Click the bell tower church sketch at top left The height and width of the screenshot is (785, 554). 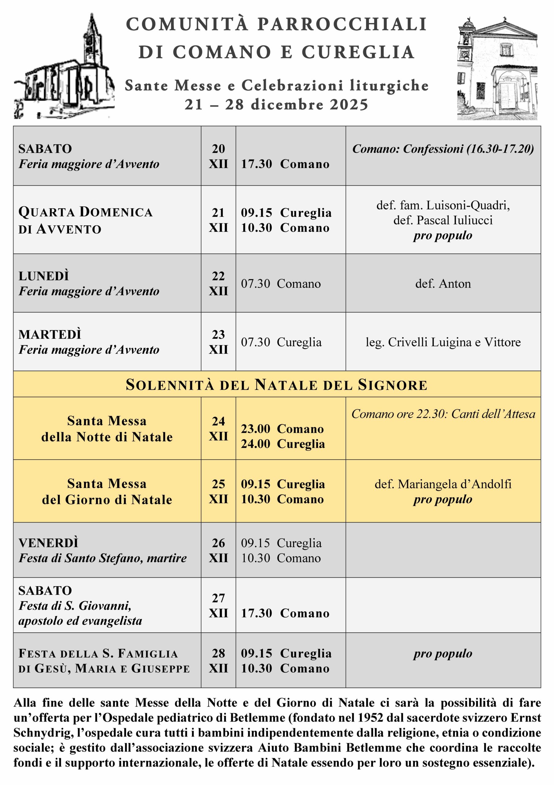tap(64, 68)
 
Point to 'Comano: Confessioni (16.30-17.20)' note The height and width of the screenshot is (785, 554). tap(443, 149)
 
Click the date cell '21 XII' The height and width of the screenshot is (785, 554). tap(218, 220)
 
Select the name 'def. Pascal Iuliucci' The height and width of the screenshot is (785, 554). tap(443, 220)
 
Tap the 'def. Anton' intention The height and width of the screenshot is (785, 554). tap(443, 283)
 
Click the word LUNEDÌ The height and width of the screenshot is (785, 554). tap(44, 276)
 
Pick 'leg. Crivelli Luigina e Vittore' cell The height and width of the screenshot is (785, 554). tap(443, 342)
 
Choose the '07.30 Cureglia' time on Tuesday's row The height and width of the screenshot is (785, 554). tap(281, 342)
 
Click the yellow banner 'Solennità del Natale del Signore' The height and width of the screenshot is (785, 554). tap(276, 385)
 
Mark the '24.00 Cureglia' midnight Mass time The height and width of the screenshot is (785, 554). tap(282, 444)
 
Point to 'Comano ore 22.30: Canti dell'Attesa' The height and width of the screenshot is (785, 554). tap(443, 414)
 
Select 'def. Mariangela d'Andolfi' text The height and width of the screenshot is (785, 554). tap(443, 484)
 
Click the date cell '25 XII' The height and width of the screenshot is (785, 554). tap(218, 491)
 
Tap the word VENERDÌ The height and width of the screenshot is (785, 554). tap(48, 543)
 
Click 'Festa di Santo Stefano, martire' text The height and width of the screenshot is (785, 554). tap(103, 558)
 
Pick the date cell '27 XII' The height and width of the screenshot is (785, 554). tap(218, 606)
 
